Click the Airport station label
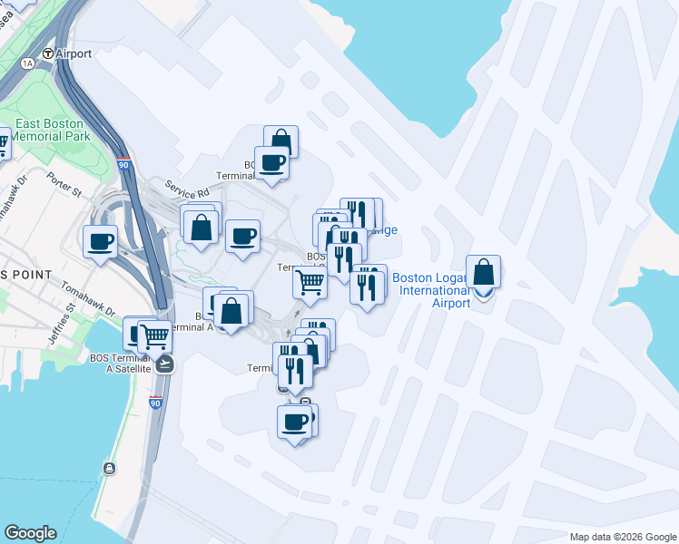[x=74, y=53]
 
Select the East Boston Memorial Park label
[x=49, y=130]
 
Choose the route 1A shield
[x=27, y=63]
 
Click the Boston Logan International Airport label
[x=431, y=290]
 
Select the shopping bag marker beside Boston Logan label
[x=484, y=272]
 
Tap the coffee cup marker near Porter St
[x=101, y=241]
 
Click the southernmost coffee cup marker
[x=294, y=422]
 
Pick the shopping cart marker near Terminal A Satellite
[x=154, y=336]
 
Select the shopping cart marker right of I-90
[x=310, y=283]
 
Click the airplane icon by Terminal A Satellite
[x=164, y=364]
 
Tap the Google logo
[x=30, y=533]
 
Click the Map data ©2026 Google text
[x=622, y=537]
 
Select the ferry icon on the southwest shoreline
[x=109, y=468]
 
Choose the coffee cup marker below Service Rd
[x=242, y=238]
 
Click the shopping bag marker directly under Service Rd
[x=202, y=228]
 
